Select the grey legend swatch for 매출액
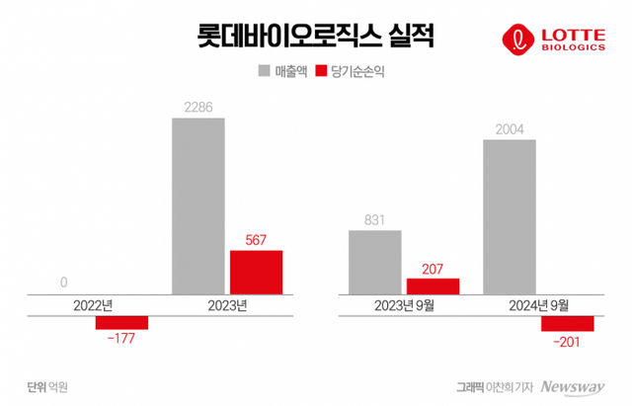[x=265, y=71]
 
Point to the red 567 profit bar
[x=256, y=272]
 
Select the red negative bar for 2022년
[x=121, y=322]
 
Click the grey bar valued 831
[x=375, y=262]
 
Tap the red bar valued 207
[x=433, y=285]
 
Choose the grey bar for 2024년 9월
[x=510, y=216]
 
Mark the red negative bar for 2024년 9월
[x=567, y=323]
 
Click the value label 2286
[x=198, y=106]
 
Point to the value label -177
[x=120, y=339]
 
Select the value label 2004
[x=510, y=127]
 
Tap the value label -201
[x=567, y=341]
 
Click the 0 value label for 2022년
[x=64, y=283]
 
